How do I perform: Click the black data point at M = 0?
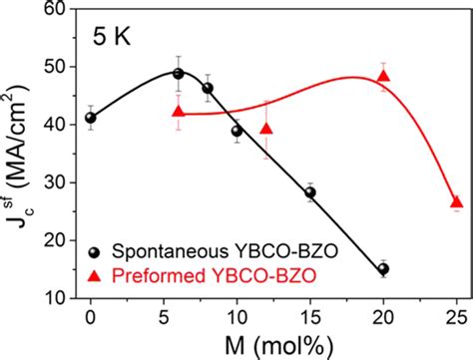coord(91,118)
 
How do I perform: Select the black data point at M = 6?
coord(179,73)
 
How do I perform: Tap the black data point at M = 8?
coord(208,88)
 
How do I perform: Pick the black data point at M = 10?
coord(236,131)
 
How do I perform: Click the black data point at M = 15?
coord(310,192)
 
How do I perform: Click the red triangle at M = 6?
coord(179,112)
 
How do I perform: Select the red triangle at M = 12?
coord(266,129)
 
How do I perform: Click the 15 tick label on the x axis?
coord(310,316)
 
